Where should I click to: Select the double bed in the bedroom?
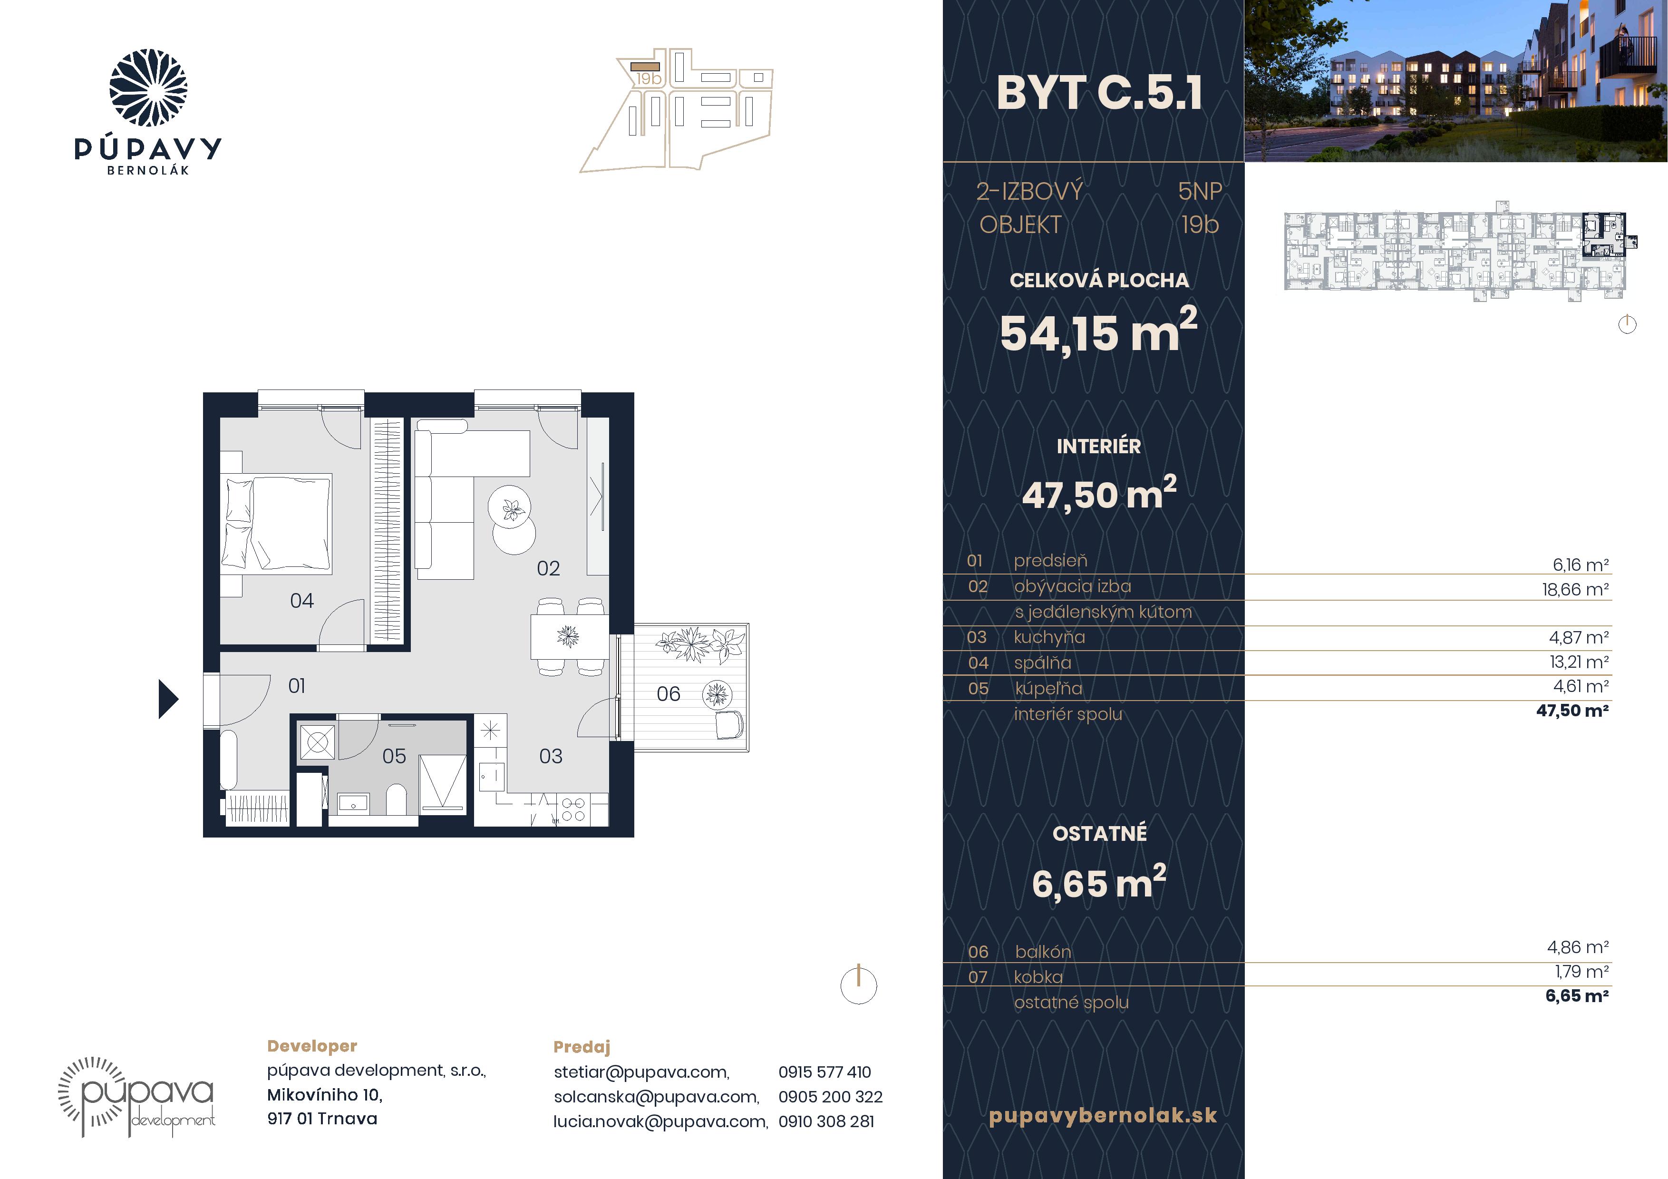276,524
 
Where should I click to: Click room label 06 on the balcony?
669,694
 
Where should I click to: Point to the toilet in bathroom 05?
397,799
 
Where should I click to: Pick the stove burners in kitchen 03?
573,809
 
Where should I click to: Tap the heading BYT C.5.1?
1099,93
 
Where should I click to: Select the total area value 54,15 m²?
1098,332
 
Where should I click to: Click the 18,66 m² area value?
1575,589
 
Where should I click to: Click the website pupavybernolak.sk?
1103,1116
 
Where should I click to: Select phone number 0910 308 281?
826,1121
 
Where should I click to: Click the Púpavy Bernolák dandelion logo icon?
148,88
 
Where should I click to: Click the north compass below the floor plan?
859,985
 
